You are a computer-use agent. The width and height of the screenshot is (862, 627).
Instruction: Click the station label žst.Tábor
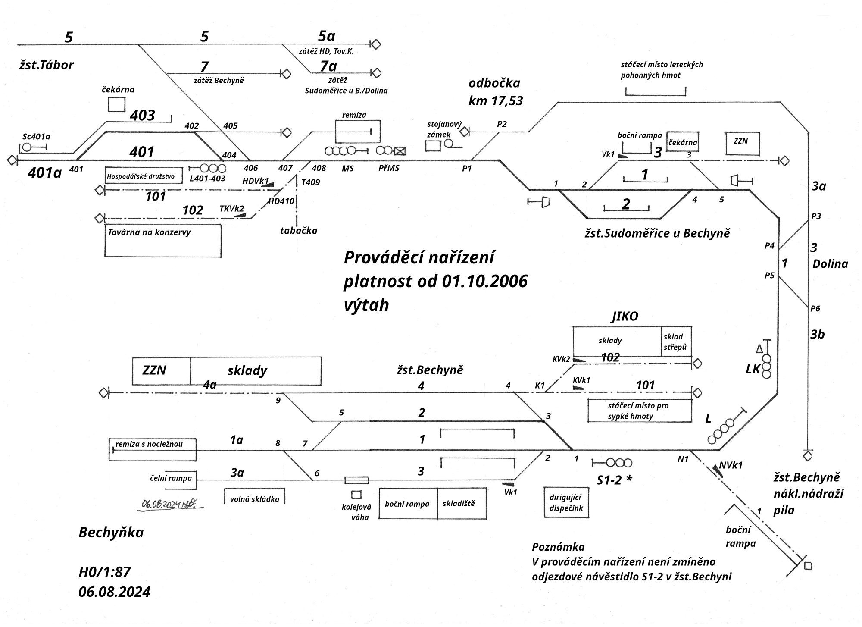pyautogui.click(x=47, y=65)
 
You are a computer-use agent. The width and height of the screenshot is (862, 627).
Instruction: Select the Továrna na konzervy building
pyautogui.click(x=163, y=241)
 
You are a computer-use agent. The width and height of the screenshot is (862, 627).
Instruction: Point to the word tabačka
pyautogui.click(x=299, y=231)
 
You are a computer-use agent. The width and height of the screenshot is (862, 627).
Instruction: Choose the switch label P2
pyautogui.click(x=502, y=124)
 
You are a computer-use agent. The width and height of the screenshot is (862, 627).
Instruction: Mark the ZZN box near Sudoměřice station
pyautogui.click(x=742, y=143)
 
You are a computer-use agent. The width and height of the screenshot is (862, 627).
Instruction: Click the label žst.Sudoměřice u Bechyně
pyautogui.click(x=657, y=234)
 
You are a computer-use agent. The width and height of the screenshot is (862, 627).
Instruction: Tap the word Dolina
pyautogui.click(x=830, y=264)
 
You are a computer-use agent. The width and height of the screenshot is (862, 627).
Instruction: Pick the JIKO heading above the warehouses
pyautogui.click(x=625, y=317)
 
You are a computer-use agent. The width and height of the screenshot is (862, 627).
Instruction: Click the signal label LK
pyautogui.click(x=753, y=369)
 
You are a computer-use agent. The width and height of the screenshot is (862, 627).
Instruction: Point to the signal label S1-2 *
pyautogui.click(x=614, y=480)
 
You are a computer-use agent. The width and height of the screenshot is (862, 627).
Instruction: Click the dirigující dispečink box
pyautogui.click(x=566, y=503)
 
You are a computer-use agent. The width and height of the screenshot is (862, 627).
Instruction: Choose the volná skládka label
pyautogui.click(x=254, y=499)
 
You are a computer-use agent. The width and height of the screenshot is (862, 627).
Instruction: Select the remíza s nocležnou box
pyautogui.click(x=153, y=449)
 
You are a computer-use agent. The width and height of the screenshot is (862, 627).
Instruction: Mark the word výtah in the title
pyautogui.click(x=366, y=305)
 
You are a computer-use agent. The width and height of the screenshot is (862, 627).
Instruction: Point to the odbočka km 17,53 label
pyautogui.click(x=495, y=92)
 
